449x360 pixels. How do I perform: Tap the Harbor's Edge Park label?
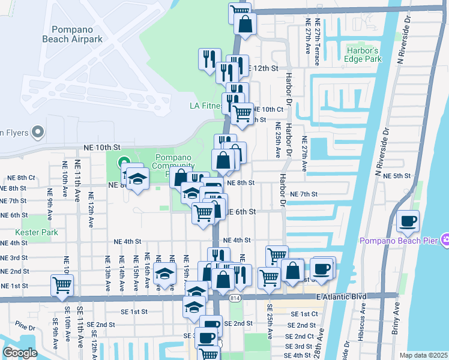click(364, 55)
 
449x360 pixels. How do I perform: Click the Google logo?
click(20, 353)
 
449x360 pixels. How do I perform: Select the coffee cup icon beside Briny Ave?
click(408, 221)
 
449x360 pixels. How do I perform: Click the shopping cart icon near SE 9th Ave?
click(62, 285)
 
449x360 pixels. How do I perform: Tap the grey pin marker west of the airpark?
click(37, 131)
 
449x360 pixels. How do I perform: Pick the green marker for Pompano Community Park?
click(124, 162)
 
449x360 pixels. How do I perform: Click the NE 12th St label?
click(262, 68)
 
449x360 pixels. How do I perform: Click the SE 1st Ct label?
click(304, 314)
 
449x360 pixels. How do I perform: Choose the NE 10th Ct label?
click(268, 109)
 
